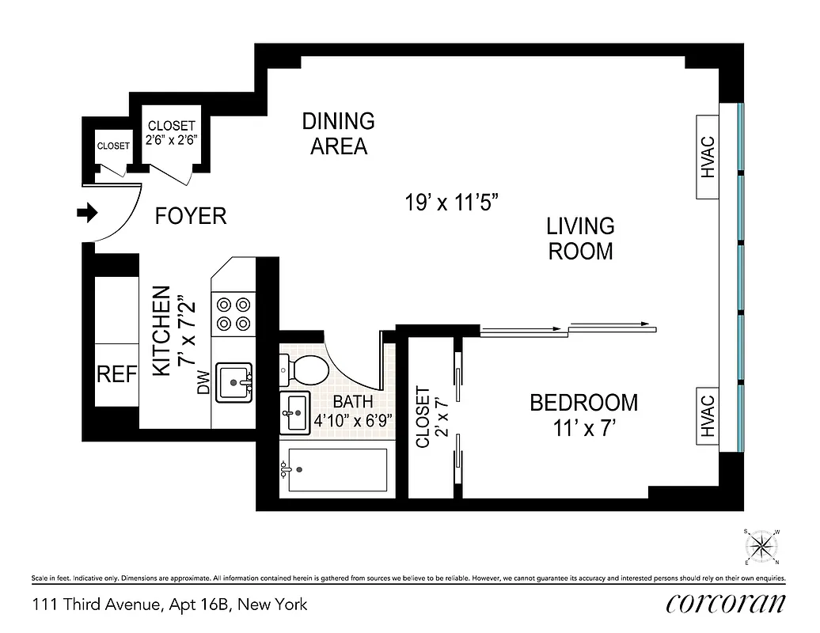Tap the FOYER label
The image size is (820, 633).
(191, 216)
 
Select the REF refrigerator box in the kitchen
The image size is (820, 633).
(117, 375)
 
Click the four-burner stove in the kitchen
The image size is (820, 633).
(233, 313)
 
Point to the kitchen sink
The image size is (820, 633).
(233, 382)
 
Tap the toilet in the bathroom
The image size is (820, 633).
(304, 369)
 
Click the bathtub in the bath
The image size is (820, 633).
(336, 471)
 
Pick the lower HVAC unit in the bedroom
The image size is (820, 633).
(708, 415)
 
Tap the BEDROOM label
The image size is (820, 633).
(583, 403)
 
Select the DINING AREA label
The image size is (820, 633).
(338, 134)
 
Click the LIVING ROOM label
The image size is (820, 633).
(580, 238)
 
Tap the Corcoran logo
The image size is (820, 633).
(726, 602)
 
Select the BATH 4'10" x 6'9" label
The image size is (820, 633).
(352, 411)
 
